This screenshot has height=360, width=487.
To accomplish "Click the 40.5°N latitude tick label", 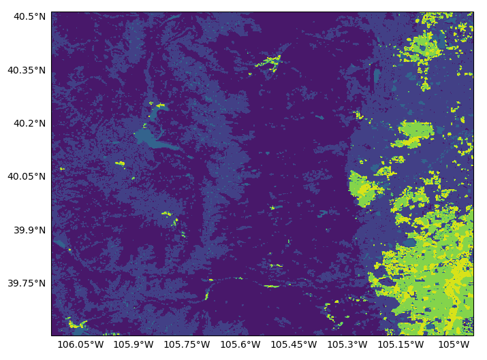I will coord(27,16).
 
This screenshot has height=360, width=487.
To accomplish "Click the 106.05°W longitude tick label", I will coord(80,346).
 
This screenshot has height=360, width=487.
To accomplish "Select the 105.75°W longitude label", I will coord(188,346).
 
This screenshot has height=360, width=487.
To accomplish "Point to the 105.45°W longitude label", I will coord(295,346).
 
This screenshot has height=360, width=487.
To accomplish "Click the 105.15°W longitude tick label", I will coord(402,346).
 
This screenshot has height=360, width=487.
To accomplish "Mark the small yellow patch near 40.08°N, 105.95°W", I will coord(121,163).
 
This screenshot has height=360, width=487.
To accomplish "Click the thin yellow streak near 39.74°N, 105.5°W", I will coord(272,286).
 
